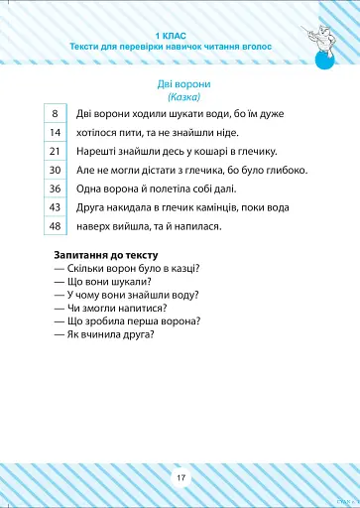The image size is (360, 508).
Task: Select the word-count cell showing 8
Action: pyautogui.click(x=57, y=114)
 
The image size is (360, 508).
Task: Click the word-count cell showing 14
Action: pyautogui.click(x=57, y=132)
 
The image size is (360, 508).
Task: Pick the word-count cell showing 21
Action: pyautogui.click(x=57, y=151)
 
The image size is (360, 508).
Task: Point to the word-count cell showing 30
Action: pyautogui.click(x=57, y=170)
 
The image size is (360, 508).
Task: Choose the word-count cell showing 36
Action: pyautogui.click(x=57, y=189)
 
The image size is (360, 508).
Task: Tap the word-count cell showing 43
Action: pyautogui.click(x=57, y=207)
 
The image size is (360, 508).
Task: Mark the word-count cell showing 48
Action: pyautogui.click(x=57, y=226)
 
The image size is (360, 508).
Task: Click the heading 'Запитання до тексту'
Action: pyautogui.click(x=101, y=256)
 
